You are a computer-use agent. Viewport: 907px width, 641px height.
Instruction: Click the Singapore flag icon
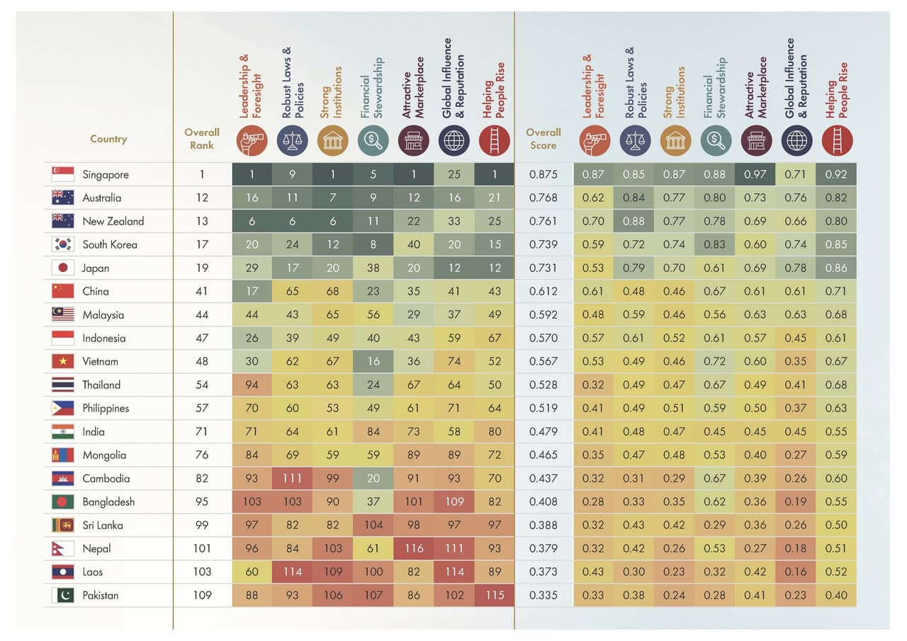tap(62, 174)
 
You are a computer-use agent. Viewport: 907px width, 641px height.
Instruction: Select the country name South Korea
tap(109, 244)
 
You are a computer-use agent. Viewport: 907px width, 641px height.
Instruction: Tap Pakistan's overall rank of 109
tap(202, 595)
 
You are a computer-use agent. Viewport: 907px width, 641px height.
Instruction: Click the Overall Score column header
tap(543, 138)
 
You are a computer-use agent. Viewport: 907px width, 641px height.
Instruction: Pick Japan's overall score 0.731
tap(543, 268)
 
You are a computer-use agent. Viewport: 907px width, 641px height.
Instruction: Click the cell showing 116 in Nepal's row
tap(414, 548)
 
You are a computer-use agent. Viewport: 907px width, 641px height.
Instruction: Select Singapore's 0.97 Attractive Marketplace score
tap(755, 174)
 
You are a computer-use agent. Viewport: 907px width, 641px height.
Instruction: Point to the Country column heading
tap(108, 139)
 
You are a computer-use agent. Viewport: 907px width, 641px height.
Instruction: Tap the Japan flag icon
tap(62, 268)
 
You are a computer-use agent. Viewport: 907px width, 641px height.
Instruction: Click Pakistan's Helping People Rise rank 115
tap(495, 595)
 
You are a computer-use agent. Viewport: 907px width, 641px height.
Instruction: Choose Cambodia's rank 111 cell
tap(292, 478)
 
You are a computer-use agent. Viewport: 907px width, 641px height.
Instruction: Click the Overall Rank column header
tap(202, 138)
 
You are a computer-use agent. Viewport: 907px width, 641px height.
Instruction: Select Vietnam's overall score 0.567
tap(543, 361)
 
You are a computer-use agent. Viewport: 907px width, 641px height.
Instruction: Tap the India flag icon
tap(62, 431)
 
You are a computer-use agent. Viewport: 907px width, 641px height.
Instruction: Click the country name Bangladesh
tap(108, 501)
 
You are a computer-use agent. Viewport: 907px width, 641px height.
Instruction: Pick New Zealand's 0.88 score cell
tap(633, 221)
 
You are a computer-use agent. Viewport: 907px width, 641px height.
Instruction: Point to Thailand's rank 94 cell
tap(252, 385)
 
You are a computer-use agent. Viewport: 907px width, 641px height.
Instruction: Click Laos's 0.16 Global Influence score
tap(796, 572)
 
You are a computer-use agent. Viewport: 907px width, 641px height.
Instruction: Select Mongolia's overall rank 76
tap(202, 455)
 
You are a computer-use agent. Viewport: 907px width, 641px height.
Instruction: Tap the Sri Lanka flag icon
tap(62, 525)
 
